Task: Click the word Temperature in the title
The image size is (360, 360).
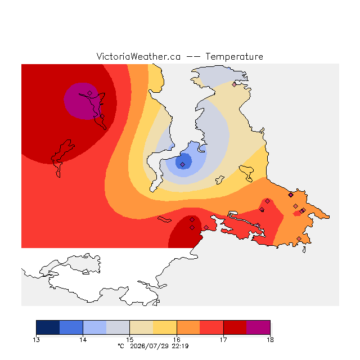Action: tap(234, 56)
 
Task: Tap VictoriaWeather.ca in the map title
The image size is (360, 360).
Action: tap(138, 56)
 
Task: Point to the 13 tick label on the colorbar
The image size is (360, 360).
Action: tap(36, 340)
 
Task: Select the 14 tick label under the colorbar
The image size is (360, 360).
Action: tap(83, 340)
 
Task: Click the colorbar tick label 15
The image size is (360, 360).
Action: tap(130, 340)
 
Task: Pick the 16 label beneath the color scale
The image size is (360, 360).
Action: tap(177, 340)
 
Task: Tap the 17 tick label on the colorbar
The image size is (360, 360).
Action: tap(223, 340)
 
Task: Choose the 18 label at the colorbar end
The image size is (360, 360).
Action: tap(270, 340)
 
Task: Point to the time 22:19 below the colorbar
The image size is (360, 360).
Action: tap(180, 346)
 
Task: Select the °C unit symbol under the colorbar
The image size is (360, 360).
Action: tap(121, 346)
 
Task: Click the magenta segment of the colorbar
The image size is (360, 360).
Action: tap(258, 327)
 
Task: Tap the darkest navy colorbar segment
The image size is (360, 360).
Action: tap(48, 327)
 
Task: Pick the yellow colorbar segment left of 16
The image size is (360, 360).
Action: tap(165, 327)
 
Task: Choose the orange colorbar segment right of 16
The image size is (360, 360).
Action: tap(188, 327)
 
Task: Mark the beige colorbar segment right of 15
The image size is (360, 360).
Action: tap(141, 327)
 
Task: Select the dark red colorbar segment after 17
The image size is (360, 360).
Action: tap(235, 327)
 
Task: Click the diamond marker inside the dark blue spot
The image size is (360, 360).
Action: tap(182, 164)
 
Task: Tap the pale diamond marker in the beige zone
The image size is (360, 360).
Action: tap(234, 84)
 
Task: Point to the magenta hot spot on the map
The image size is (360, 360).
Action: tap(82, 101)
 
